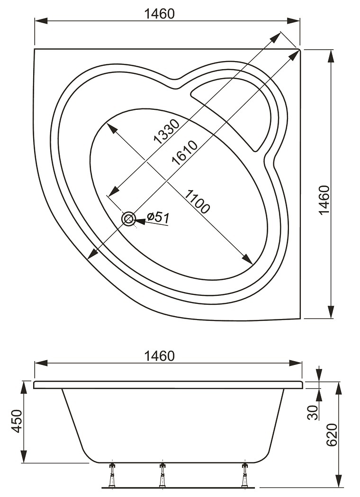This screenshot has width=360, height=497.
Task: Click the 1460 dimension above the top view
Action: point(159,14)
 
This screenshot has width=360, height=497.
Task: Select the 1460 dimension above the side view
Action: point(159,356)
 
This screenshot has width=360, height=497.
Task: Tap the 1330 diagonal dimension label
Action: point(166,131)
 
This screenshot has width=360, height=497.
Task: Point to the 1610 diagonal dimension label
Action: point(184,152)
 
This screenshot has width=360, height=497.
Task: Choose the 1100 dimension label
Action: point(197,202)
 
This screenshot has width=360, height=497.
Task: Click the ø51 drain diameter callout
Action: point(158,217)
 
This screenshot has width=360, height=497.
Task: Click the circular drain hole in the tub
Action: point(128,218)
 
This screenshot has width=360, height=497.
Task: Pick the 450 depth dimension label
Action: point(17,421)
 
